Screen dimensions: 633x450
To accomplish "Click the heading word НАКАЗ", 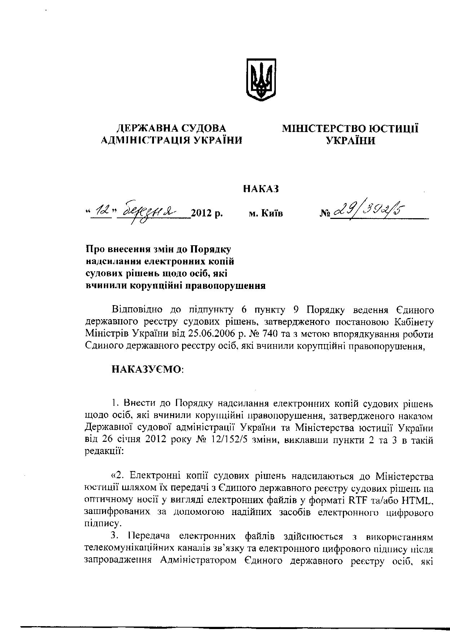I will click(x=261, y=189).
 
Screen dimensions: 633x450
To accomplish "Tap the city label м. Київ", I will click(x=266, y=214).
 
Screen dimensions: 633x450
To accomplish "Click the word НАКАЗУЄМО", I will click(x=147, y=369).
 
